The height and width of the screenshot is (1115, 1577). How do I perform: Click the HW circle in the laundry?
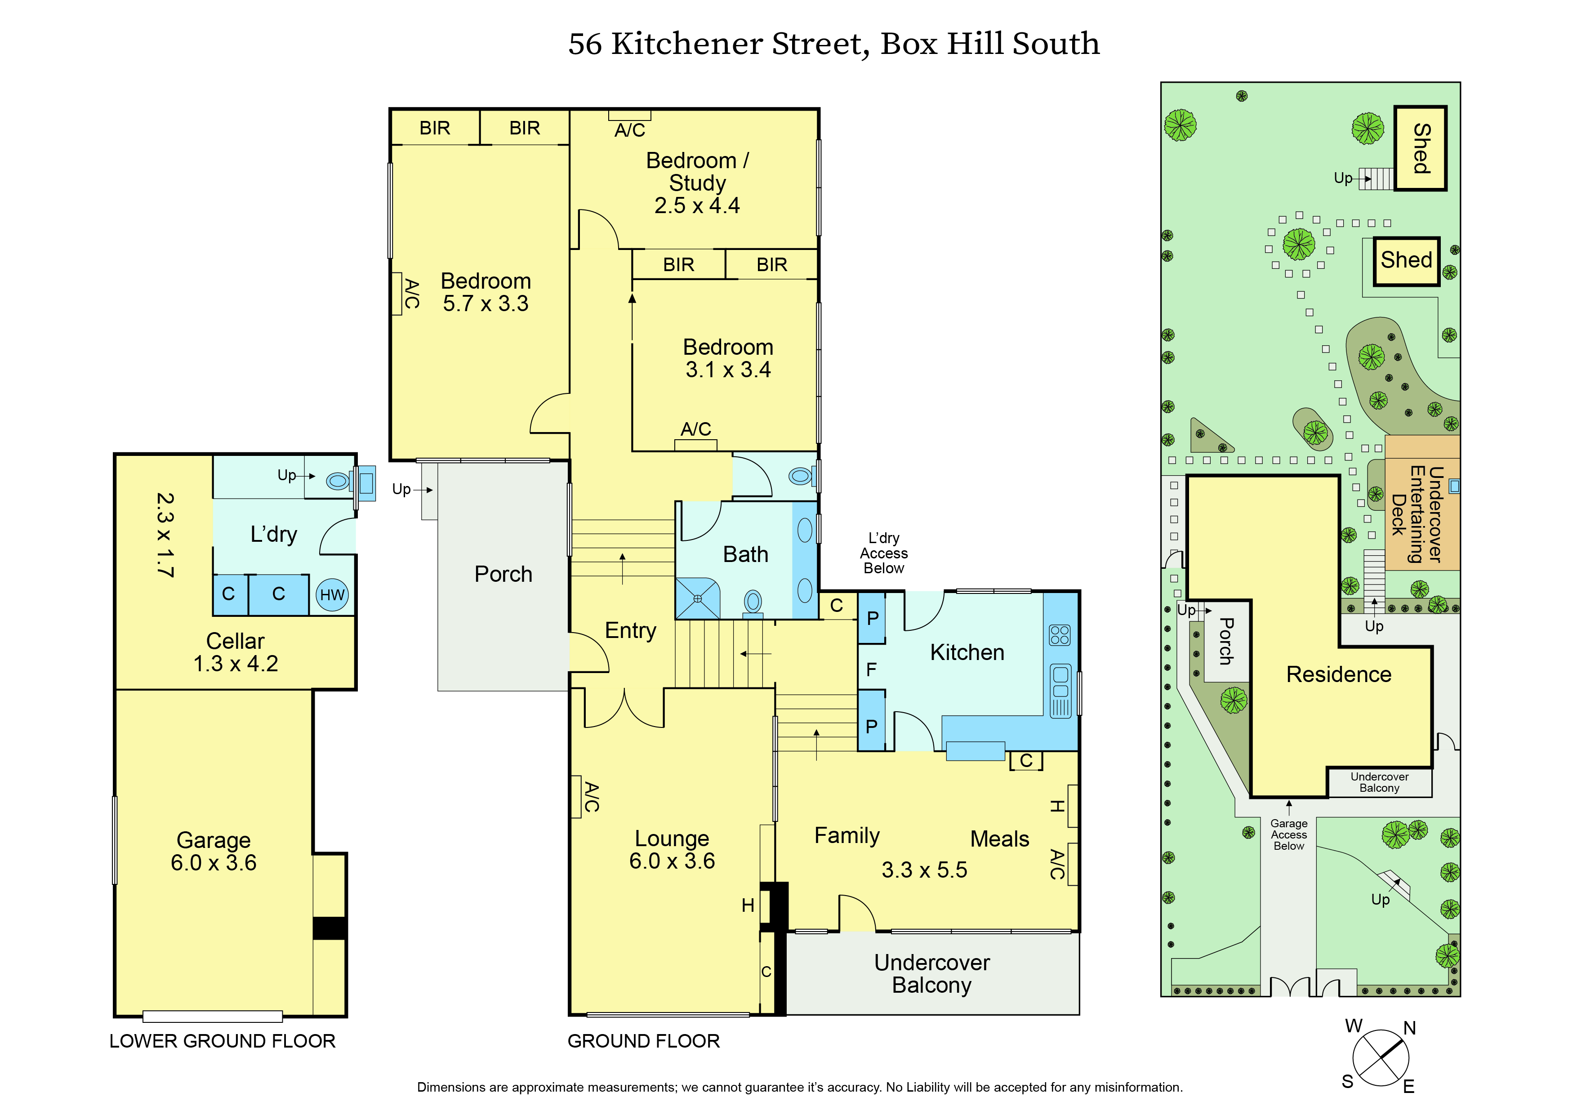[x=332, y=595]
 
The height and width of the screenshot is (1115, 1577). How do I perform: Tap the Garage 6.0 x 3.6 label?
[x=214, y=851]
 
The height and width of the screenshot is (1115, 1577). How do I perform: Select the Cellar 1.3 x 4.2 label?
[x=235, y=652]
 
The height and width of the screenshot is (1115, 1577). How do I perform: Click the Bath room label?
[x=745, y=554]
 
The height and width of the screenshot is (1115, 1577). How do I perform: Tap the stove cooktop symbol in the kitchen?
[x=1059, y=635]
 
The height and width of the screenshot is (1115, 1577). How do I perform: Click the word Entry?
[x=630, y=631]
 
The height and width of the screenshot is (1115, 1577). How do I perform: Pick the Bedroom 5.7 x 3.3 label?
[x=486, y=292]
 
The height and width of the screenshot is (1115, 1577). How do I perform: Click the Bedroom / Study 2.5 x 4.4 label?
[x=697, y=183]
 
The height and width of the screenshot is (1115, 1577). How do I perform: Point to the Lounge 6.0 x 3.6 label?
[x=672, y=849]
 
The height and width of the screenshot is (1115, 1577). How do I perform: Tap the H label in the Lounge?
[x=748, y=905]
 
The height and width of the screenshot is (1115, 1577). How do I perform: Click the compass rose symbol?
[x=1381, y=1058]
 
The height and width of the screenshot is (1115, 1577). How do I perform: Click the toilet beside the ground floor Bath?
[x=800, y=475]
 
